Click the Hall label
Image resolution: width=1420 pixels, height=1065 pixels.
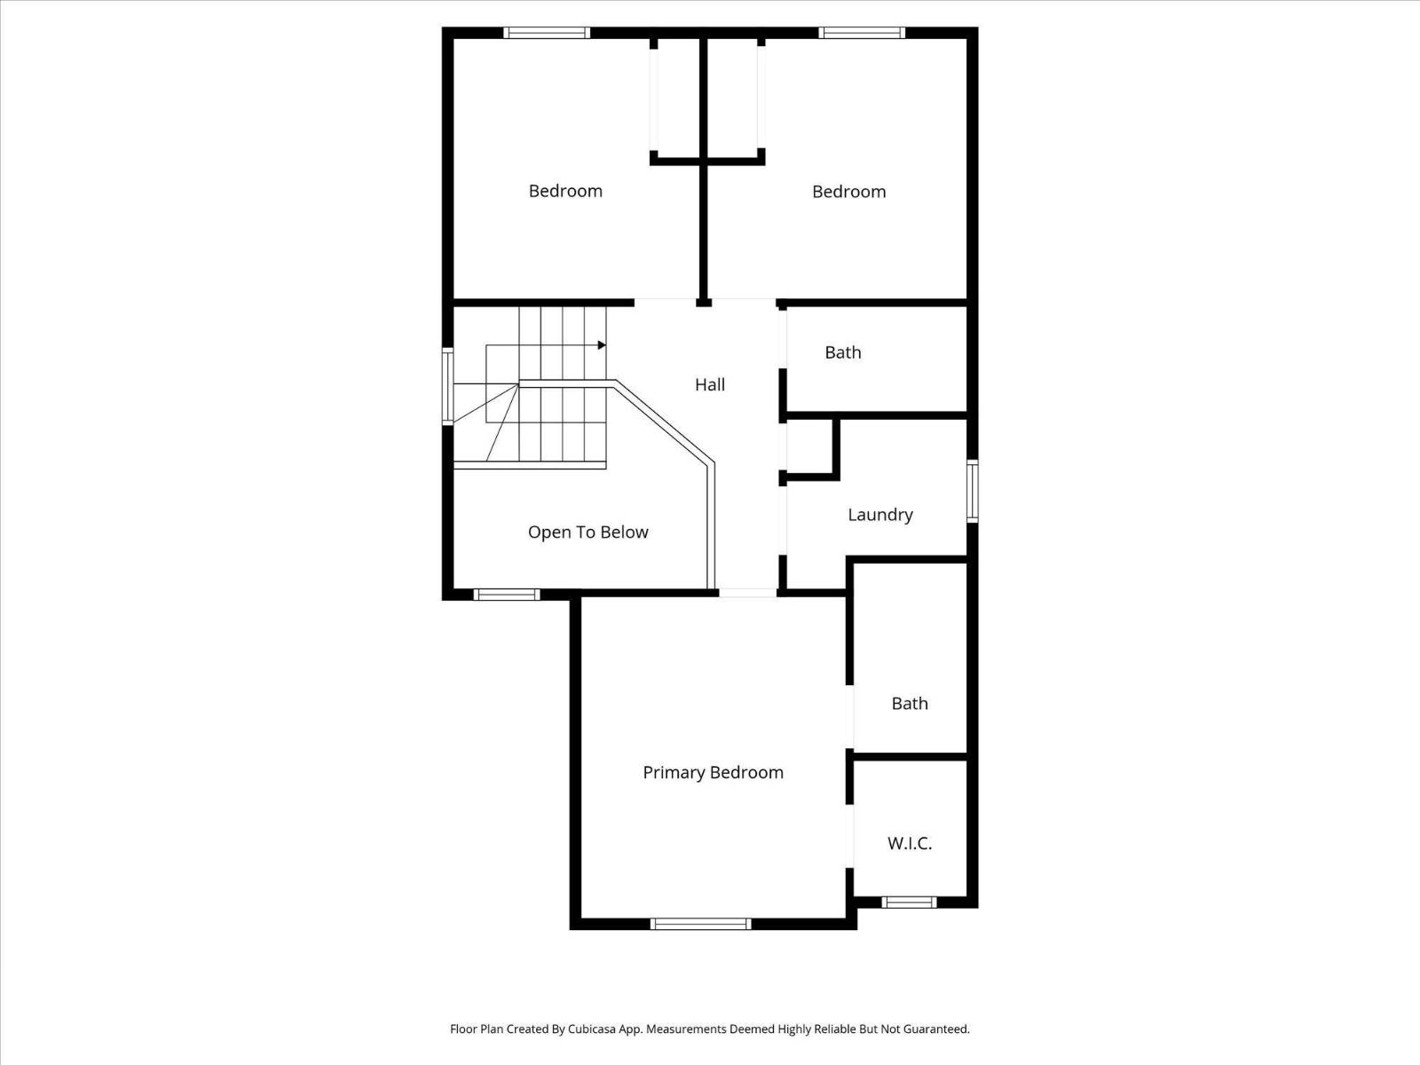[x=710, y=384]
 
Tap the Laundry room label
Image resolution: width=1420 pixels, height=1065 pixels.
[x=880, y=515]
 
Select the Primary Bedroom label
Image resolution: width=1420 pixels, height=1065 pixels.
[x=713, y=772]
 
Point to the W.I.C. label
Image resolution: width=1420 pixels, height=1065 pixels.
[x=910, y=843]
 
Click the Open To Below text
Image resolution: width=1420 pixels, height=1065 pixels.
[x=588, y=532]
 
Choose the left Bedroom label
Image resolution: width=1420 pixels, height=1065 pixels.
[x=565, y=191]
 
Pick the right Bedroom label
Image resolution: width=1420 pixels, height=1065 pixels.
[x=848, y=192]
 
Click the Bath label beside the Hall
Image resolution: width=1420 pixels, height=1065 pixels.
[x=842, y=352]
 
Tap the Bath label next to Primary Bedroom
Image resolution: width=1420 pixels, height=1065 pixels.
[x=910, y=703]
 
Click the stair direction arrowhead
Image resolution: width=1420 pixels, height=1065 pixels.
[x=602, y=344]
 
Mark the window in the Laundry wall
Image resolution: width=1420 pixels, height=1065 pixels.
[x=972, y=491]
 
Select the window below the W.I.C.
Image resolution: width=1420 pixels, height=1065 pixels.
[x=909, y=903]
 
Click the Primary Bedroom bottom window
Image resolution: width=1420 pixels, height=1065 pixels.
[x=701, y=924]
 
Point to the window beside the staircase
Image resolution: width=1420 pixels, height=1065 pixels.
[x=448, y=387]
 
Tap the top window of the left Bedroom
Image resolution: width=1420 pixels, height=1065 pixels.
[x=547, y=33]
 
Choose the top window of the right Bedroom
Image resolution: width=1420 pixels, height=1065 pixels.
[x=862, y=33]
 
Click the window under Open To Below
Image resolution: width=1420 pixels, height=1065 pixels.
[x=507, y=595]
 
